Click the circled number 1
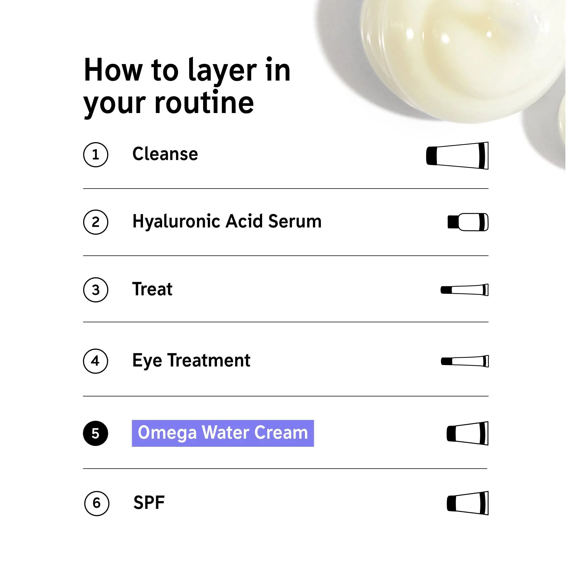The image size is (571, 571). (96, 155)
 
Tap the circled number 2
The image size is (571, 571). (96, 222)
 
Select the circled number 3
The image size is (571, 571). (96, 290)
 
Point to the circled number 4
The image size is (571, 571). (95, 361)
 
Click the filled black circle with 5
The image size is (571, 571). (95, 434)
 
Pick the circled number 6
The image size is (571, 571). (97, 504)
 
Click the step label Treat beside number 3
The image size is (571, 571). (152, 289)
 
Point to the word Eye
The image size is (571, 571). (147, 361)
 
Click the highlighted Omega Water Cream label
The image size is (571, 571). (223, 433)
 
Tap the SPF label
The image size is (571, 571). (149, 503)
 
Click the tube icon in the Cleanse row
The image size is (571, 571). (457, 156)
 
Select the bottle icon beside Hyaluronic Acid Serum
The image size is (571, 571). (468, 222)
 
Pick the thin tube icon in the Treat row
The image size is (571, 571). (465, 290)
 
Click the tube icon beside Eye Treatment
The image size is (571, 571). (465, 361)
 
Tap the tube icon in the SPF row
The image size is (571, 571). (467, 503)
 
